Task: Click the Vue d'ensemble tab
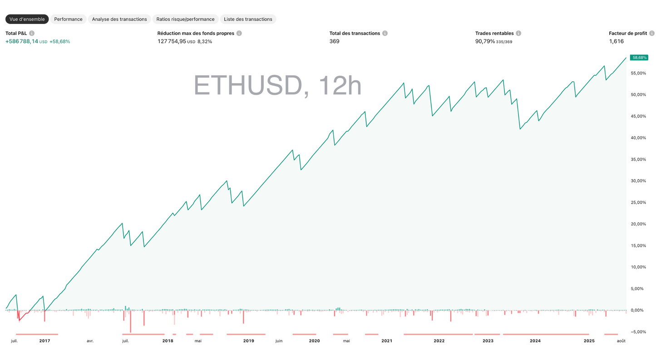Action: pyautogui.click(x=27, y=19)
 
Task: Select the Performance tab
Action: pyautogui.click(x=68, y=19)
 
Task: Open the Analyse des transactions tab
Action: pyautogui.click(x=119, y=19)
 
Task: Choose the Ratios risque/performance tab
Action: pyautogui.click(x=185, y=19)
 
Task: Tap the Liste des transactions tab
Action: pyautogui.click(x=248, y=19)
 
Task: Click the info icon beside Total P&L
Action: pyautogui.click(x=32, y=33)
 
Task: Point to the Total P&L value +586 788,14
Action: pyautogui.click(x=22, y=41)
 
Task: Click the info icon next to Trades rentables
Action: pyautogui.click(x=518, y=33)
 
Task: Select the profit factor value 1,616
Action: pyautogui.click(x=616, y=41)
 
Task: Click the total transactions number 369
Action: pyautogui.click(x=334, y=41)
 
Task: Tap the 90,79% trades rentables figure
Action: pyautogui.click(x=485, y=41)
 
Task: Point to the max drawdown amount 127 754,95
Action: pyautogui.click(x=172, y=41)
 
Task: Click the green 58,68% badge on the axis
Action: pyautogui.click(x=639, y=58)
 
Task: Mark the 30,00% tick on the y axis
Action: pyautogui.click(x=639, y=181)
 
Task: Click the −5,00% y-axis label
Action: pyautogui.click(x=638, y=332)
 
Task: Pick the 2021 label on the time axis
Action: pyautogui.click(x=387, y=340)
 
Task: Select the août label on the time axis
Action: pyautogui.click(x=621, y=340)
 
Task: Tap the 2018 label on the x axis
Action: pyautogui.click(x=168, y=340)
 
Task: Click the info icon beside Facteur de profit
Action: pyautogui.click(x=652, y=33)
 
